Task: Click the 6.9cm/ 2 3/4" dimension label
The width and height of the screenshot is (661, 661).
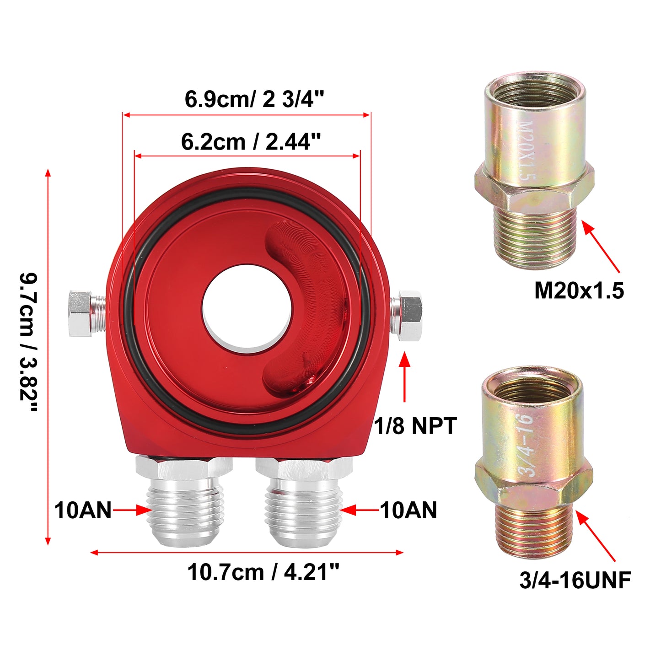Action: coord(254,99)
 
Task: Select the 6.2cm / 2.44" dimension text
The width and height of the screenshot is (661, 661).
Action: coord(251,141)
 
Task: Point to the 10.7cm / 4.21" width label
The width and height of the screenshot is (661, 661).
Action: coord(263,572)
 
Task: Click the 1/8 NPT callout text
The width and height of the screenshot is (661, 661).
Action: coord(415,426)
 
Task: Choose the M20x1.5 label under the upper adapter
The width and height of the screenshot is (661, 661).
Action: coord(579,290)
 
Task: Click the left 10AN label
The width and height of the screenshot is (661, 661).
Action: coord(83,510)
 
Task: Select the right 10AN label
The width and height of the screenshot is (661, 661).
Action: coord(408,510)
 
